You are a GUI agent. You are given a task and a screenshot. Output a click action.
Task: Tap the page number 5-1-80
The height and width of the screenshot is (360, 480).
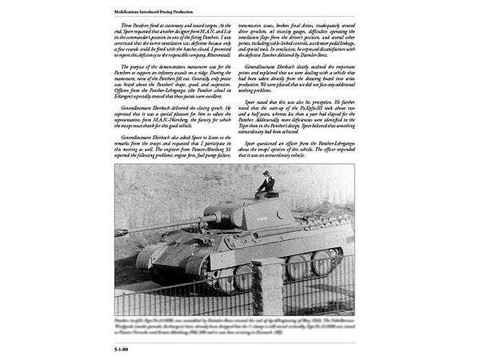point(125,348)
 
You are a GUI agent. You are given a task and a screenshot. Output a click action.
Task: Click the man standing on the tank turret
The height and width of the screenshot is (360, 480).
point(266,186)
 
